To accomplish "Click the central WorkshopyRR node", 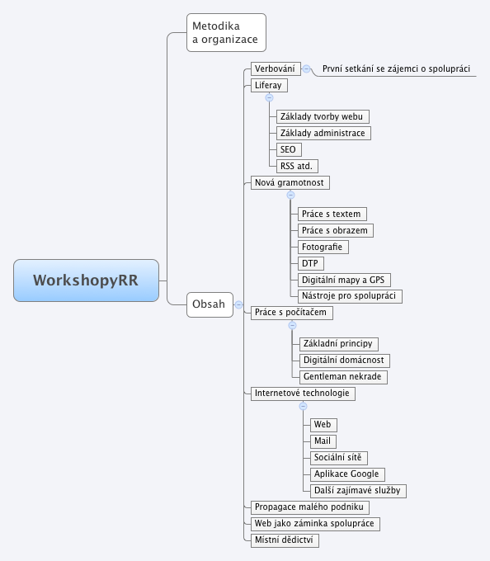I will click(x=86, y=280).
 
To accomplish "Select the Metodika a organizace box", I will click(x=226, y=32).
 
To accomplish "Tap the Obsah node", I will click(x=208, y=304).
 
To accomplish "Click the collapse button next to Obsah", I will click(x=238, y=304).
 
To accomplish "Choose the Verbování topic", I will click(x=275, y=69).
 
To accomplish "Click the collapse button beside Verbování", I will click(x=307, y=69).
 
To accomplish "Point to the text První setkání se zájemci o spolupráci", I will click(x=396, y=69).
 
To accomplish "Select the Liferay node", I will click(x=269, y=85).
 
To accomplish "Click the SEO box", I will click(x=288, y=149).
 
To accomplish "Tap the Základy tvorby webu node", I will click(x=322, y=116).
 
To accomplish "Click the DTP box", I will click(x=309, y=263).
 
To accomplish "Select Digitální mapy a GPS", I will click(x=346, y=280).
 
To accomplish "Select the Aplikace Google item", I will click(x=346, y=474).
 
